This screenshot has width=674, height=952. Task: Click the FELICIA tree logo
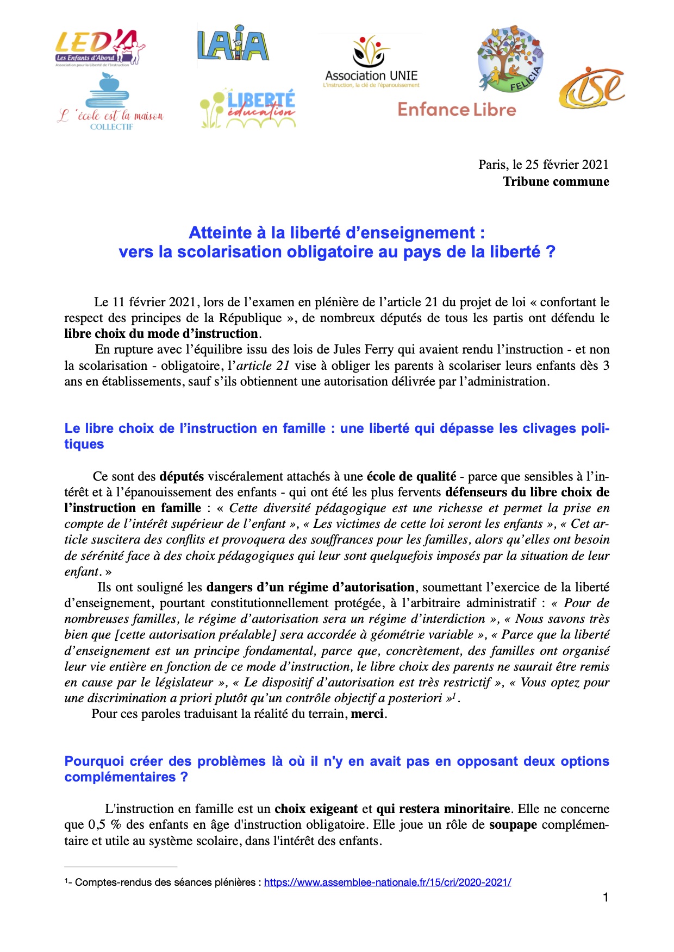(510, 58)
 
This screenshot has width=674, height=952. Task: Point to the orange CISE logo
(591, 88)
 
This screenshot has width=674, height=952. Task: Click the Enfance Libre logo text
(457, 110)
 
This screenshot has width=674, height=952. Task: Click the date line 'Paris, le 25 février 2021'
(543, 165)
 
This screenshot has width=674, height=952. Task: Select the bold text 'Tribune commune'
(556, 182)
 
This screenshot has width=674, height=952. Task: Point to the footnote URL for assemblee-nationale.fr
(387, 882)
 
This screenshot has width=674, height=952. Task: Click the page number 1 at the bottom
(606, 898)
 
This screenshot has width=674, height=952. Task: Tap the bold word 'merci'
(367, 714)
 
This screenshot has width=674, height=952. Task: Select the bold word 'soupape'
(513, 825)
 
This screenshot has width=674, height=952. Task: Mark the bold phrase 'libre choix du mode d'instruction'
(161, 334)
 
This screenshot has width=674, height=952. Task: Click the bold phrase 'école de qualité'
(411, 477)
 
